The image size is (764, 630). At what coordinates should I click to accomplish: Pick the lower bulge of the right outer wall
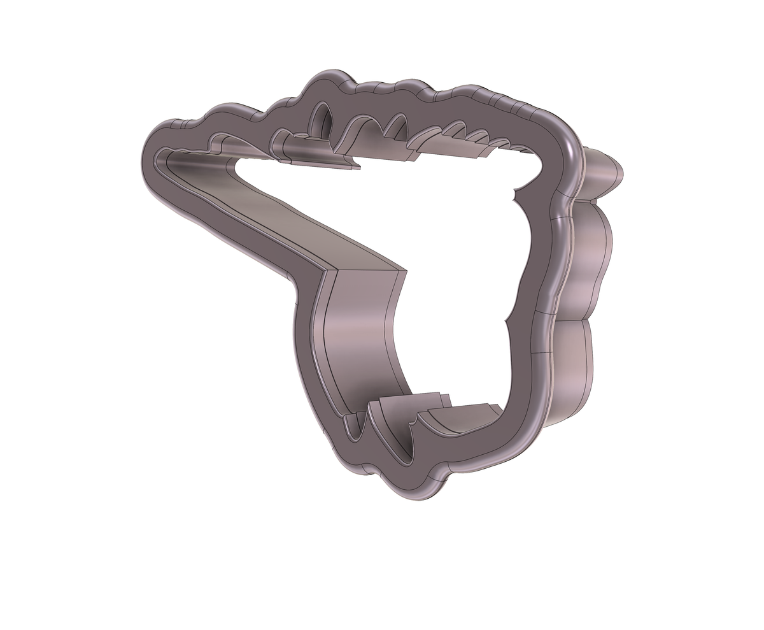point(577,363)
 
